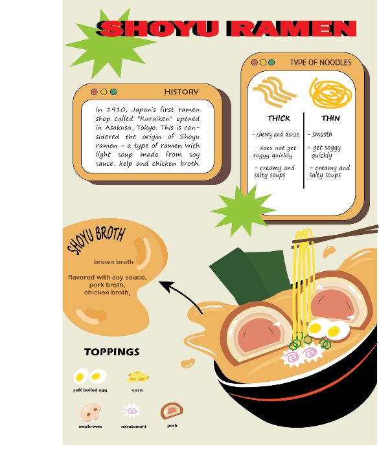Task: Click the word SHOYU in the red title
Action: click(157, 28)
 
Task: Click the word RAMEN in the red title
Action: click(291, 28)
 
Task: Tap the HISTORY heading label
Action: click(181, 92)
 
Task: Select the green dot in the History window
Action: click(113, 92)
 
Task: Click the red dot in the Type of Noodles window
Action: click(255, 62)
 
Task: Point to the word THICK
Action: click(279, 118)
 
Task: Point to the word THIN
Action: click(330, 118)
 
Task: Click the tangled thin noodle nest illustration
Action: click(330, 93)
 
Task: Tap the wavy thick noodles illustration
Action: click(273, 91)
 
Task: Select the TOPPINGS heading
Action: click(112, 352)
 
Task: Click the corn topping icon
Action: click(138, 376)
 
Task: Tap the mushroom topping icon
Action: click(91, 412)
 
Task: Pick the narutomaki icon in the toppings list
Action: click(132, 411)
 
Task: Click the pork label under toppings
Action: click(172, 426)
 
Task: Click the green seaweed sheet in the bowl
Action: click(249, 274)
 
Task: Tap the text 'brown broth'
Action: click(114, 262)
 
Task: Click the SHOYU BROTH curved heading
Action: click(96, 240)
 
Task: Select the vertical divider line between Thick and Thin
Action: click(304, 151)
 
